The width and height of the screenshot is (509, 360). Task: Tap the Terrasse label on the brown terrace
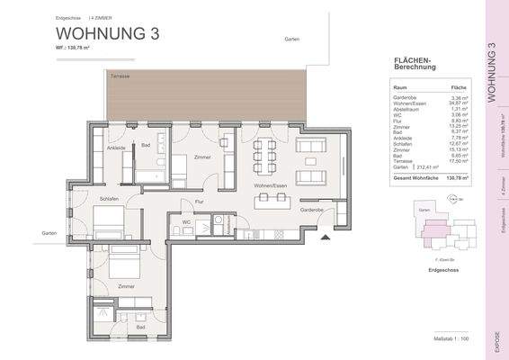click(x=119, y=77)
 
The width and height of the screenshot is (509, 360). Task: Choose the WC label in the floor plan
click(x=186, y=221)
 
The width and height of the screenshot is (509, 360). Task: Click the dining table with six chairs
click(x=263, y=155)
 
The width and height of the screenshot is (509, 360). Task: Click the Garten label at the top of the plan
click(x=291, y=40)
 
